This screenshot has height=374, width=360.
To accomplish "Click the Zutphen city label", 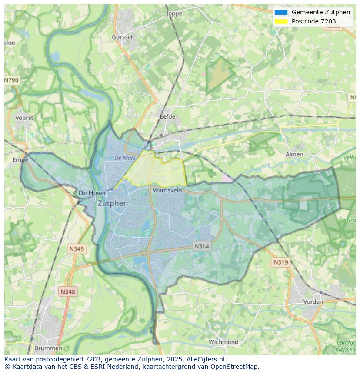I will (113, 203).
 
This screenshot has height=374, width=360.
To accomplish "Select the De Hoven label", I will (93, 193).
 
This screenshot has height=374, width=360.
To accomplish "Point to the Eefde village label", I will (167, 116).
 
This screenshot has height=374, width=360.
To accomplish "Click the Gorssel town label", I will (122, 37).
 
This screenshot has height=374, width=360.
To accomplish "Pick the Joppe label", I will (174, 13).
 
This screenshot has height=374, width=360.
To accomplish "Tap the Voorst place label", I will (24, 118).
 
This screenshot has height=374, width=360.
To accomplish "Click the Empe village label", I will (20, 160).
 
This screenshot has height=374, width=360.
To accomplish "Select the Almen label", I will (294, 154).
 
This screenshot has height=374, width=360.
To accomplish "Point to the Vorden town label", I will (313, 301).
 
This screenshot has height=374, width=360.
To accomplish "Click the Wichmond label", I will (223, 342).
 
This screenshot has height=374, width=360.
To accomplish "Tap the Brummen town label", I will (48, 348).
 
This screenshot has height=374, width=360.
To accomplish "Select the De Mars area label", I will (126, 158).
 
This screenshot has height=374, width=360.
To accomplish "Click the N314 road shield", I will (201, 246).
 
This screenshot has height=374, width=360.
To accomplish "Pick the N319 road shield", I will (280, 262).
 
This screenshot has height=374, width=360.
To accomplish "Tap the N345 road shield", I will (77, 249).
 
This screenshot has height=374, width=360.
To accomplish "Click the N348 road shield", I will (68, 292).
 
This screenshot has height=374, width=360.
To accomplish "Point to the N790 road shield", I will (12, 80).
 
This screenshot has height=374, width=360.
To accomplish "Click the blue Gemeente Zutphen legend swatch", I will (281, 12).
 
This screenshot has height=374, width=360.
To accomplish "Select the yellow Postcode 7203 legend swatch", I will (281, 21).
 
